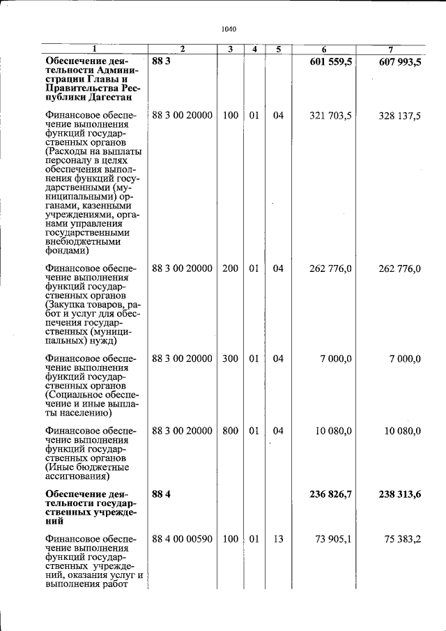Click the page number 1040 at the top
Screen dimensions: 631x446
click(229, 29)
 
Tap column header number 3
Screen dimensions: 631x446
click(230, 50)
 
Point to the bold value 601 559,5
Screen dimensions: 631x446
click(331, 61)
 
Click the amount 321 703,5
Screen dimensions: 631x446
click(330, 116)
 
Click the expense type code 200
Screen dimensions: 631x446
click(230, 268)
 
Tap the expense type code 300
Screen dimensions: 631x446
click(230, 358)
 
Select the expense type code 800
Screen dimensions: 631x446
click(230, 431)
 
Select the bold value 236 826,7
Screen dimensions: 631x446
click(331, 494)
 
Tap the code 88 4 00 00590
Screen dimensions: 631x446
click(182, 539)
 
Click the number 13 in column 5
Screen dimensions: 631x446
click(278, 539)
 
